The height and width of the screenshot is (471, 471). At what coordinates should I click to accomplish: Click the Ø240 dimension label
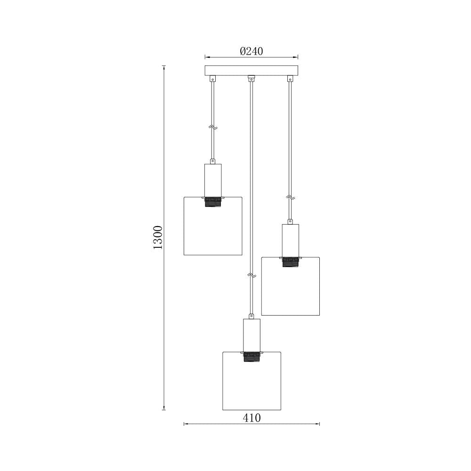(252, 51)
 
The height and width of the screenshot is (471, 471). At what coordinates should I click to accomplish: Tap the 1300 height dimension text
(158, 237)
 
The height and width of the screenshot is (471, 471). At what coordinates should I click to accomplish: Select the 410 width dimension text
(252, 418)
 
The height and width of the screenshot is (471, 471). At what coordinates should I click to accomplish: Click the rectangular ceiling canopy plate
(252, 71)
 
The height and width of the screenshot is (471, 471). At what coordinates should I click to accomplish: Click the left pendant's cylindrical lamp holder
(213, 180)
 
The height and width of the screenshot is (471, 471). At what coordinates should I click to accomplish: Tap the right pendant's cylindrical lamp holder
(291, 240)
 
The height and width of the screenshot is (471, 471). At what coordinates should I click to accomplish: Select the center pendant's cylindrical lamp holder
(252, 335)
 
